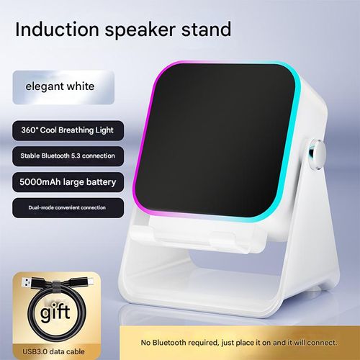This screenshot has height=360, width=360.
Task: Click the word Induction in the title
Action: click(x=56, y=30)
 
